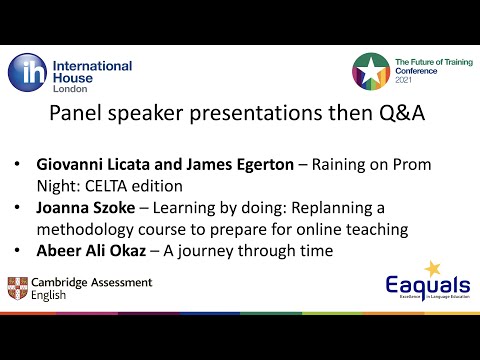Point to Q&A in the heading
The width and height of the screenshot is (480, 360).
[x=398, y=114]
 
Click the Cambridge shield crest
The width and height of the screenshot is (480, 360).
[x=18, y=290]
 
